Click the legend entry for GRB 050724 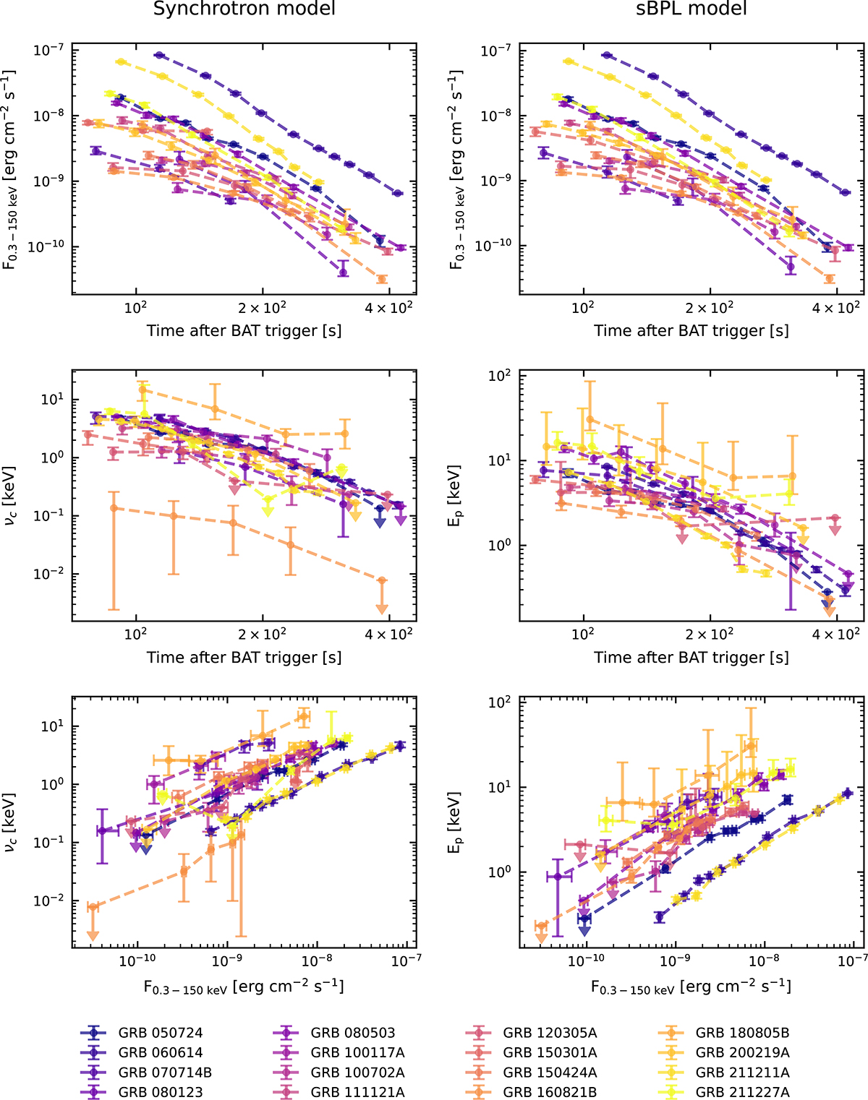pos(161,1033)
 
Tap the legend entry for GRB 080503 pos(353,1033)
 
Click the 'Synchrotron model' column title pos(244,9)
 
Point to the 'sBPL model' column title pos(692,9)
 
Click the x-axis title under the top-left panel pos(244,331)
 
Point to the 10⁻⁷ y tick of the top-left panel pos(48,50)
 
